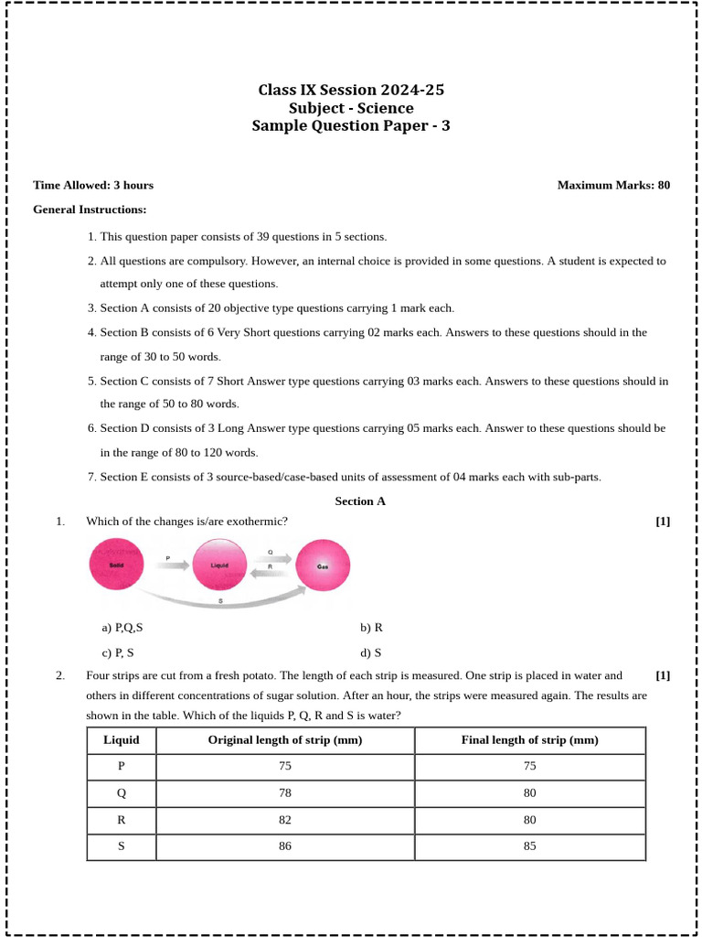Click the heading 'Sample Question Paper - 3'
click(351, 126)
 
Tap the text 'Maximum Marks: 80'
click(613, 186)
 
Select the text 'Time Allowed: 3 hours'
click(93, 186)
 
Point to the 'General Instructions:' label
click(90, 210)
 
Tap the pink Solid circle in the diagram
click(116, 565)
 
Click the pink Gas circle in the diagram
click(323, 565)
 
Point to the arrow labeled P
click(169, 565)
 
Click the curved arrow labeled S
click(221, 599)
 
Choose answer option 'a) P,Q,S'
click(122, 629)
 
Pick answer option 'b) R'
click(371, 629)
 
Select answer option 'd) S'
click(370, 653)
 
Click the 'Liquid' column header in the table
click(122, 741)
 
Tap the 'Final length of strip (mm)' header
click(530, 741)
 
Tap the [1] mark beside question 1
click(663, 522)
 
